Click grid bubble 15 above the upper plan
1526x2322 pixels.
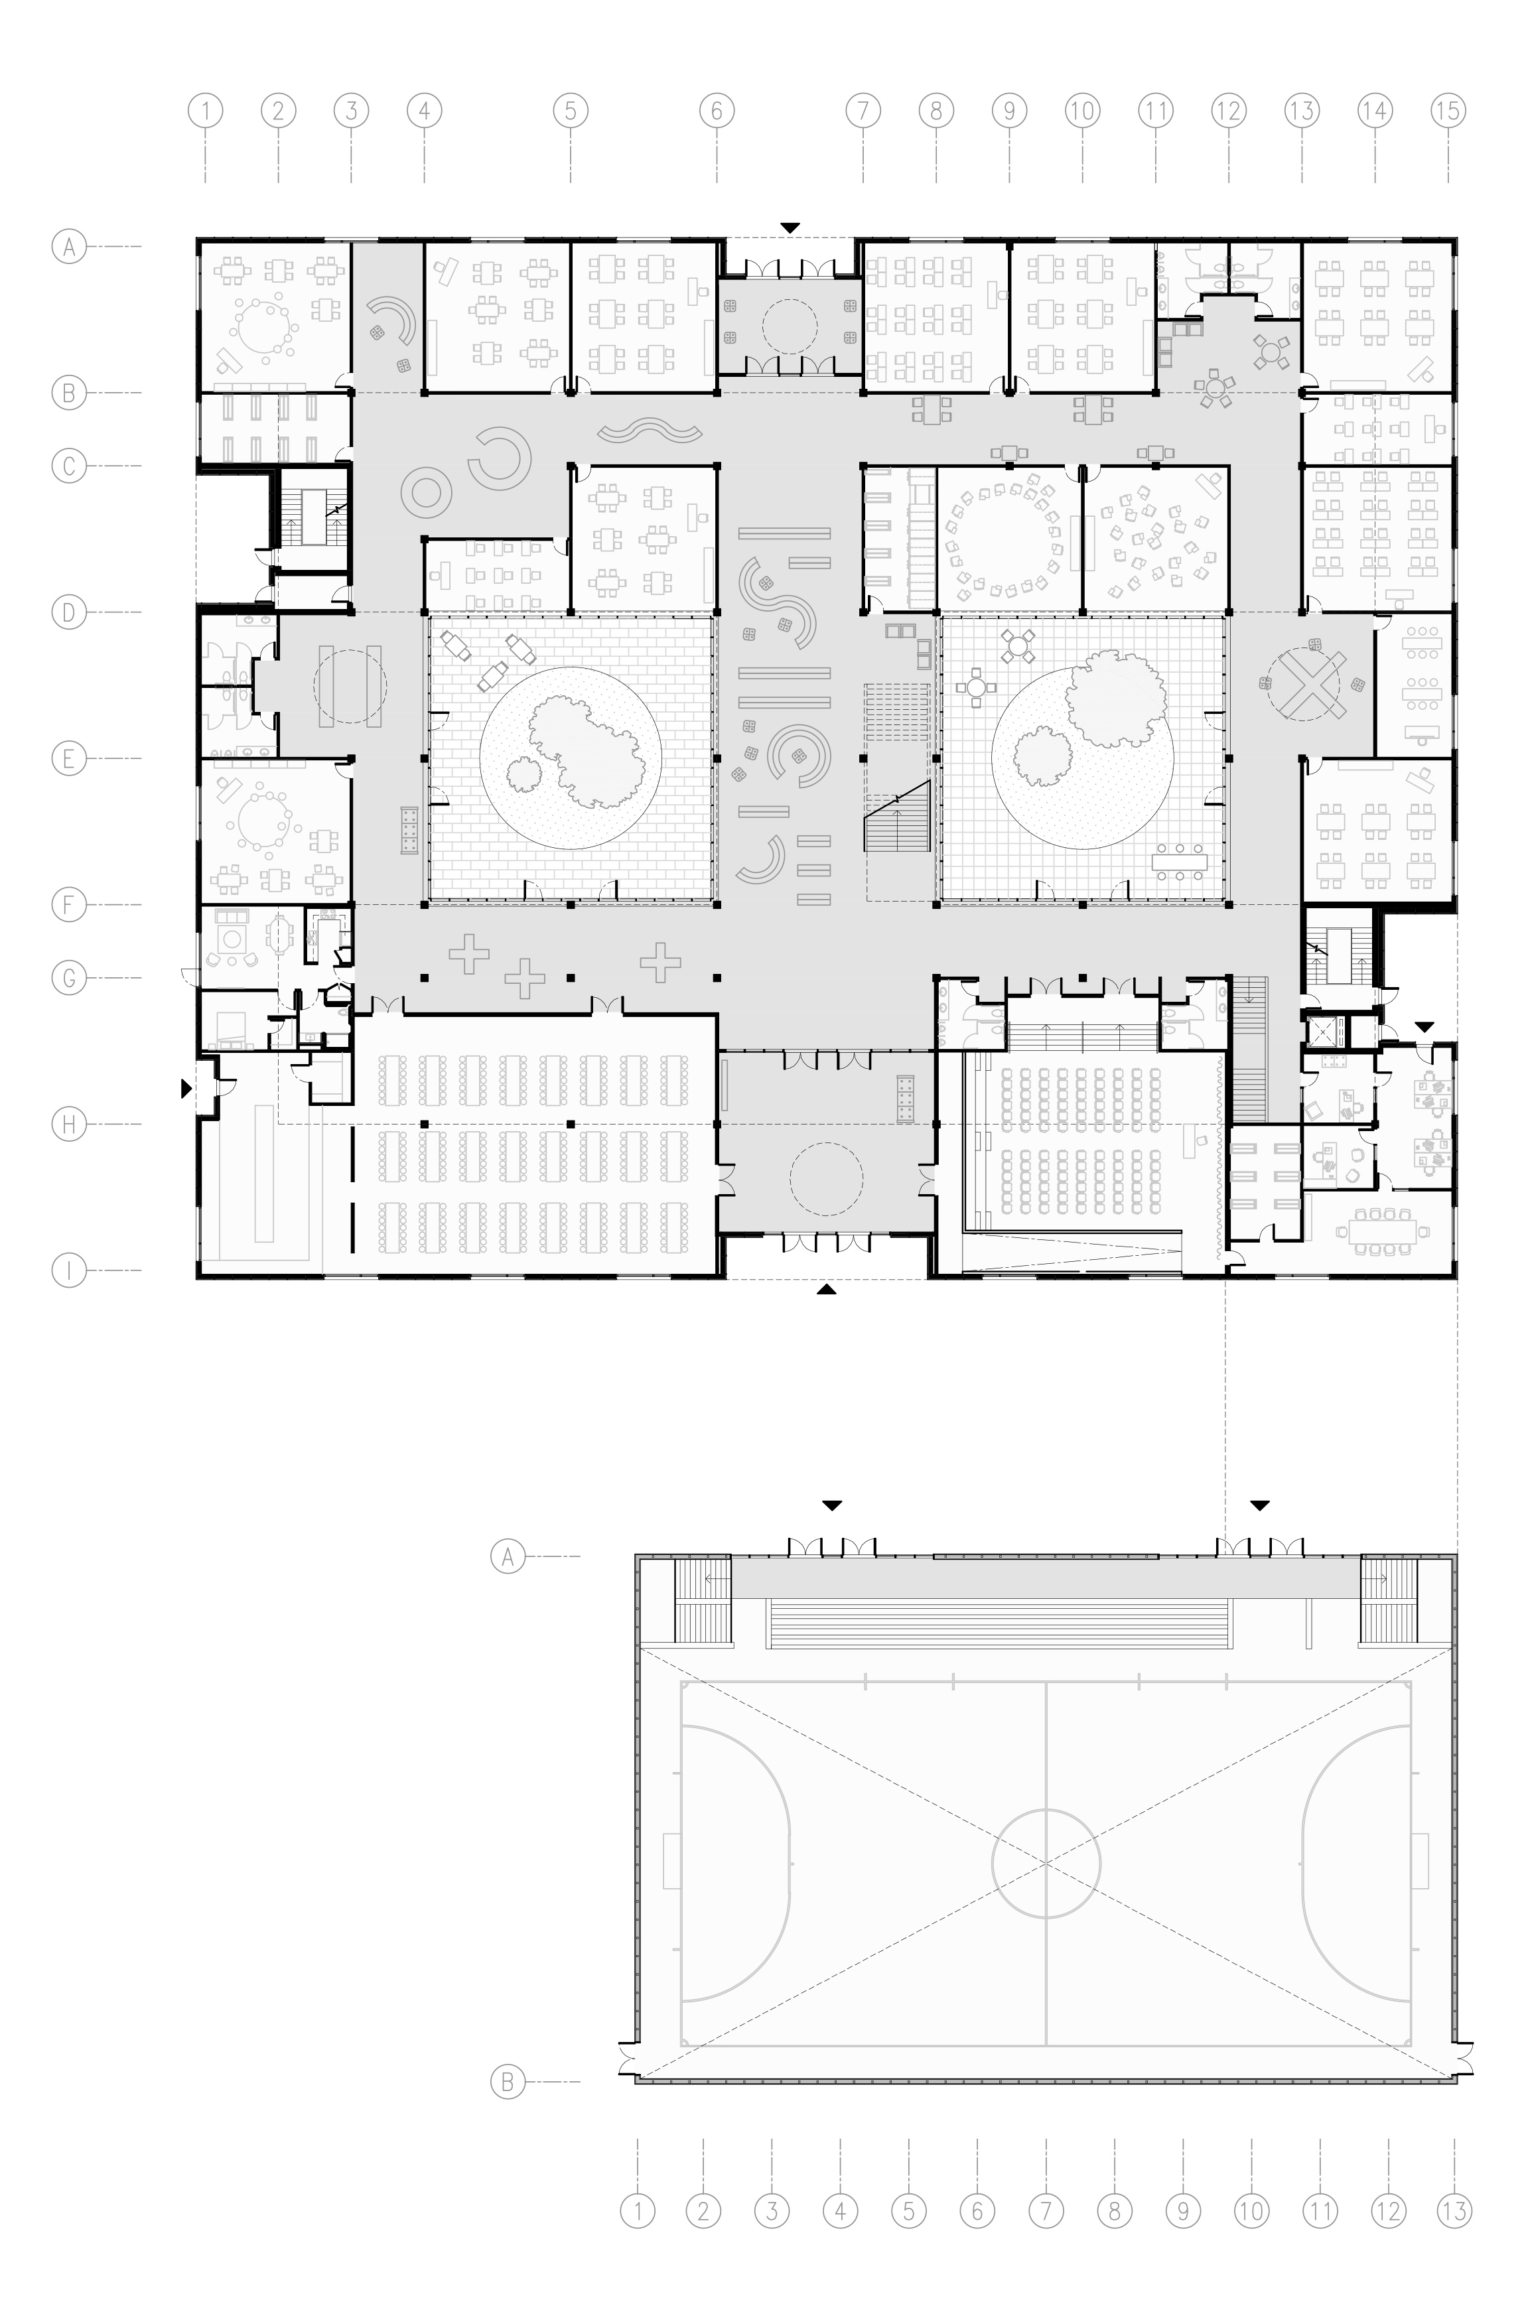tap(1448, 110)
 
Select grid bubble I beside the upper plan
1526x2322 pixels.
tap(68, 1271)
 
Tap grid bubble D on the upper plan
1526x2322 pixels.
tap(68, 613)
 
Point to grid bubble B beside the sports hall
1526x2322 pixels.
tap(508, 2083)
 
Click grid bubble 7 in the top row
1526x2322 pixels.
tap(863, 110)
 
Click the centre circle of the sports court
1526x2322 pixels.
tap(1046, 1862)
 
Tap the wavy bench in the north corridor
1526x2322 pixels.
tap(651, 431)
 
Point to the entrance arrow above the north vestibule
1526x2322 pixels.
tap(790, 228)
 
